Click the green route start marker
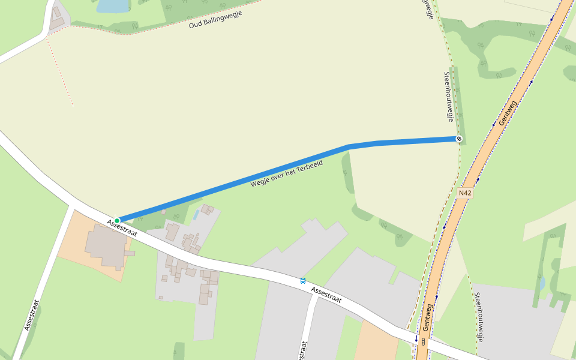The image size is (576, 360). [x=117, y=220]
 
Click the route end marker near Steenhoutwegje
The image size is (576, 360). [x=459, y=139]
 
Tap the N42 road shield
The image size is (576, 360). [x=464, y=193]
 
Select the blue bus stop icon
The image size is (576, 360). [x=303, y=280]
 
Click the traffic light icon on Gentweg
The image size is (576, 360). [x=424, y=341]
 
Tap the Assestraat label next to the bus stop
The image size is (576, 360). [x=327, y=295]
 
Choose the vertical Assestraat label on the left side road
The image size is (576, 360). [x=32, y=315]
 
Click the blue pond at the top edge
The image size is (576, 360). [x=113, y=6]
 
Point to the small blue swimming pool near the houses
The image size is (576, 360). [x=196, y=214]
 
